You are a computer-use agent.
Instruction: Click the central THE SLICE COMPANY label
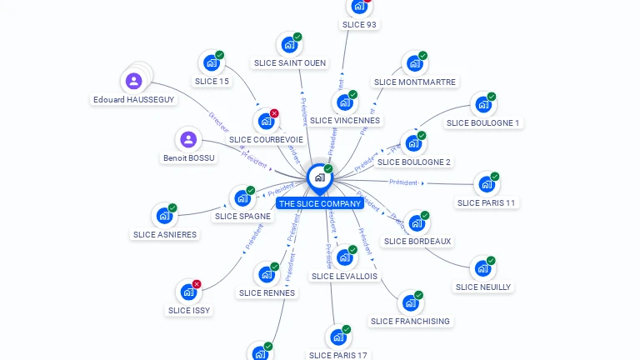click(320, 203)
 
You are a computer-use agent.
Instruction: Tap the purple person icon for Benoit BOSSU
click(188, 139)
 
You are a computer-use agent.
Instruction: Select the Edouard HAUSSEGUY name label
click(133, 99)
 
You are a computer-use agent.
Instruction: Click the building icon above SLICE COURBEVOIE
click(266, 121)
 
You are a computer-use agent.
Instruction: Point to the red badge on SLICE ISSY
click(197, 284)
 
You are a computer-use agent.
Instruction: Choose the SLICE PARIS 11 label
click(487, 202)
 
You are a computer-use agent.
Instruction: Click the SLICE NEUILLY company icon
click(482, 268)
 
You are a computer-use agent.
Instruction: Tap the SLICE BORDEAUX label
click(417, 242)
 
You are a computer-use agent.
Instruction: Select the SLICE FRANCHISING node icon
click(409, 302)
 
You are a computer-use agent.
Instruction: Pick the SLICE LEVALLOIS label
click(344, 276)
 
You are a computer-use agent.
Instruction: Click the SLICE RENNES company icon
click(267, 273)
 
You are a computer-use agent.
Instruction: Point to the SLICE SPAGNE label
click(242, 217)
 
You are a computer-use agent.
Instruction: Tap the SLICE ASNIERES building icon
click(164, 215)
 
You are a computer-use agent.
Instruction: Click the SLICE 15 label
click(212, 81)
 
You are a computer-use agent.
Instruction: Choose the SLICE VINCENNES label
click(345, 120)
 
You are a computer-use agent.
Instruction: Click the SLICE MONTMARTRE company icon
click(413, 63)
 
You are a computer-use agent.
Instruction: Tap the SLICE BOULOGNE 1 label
click(482, 122)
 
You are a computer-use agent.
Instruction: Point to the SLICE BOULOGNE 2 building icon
click(412, 143)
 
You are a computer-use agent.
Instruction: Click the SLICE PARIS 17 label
click(338, 355)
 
